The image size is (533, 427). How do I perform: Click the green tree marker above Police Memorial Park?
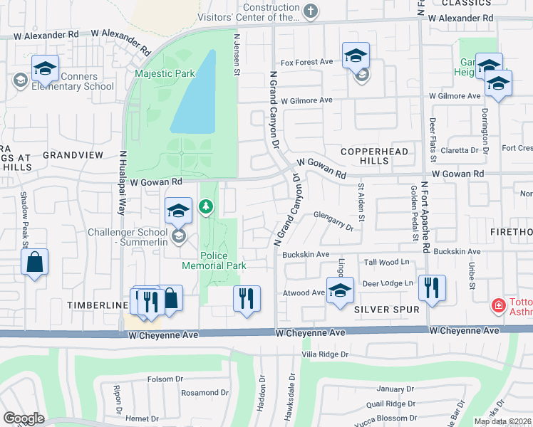(x=206, y=206)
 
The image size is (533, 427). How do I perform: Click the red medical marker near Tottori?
(x=500, y=306)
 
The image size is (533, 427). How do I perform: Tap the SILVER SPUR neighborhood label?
(x=381, y=310)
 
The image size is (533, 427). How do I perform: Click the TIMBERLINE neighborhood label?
(x=96, y=305)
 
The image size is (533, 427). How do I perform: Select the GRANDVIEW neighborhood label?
(x=73, y=154)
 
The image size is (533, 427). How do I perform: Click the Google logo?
(x=24, y=418)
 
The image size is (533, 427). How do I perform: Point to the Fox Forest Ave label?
(x=307, y=62)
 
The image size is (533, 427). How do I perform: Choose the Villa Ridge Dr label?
(x=324, y=354)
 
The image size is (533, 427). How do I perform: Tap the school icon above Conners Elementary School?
(x=45, y=69)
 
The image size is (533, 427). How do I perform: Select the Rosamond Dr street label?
(x=205, y=393)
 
